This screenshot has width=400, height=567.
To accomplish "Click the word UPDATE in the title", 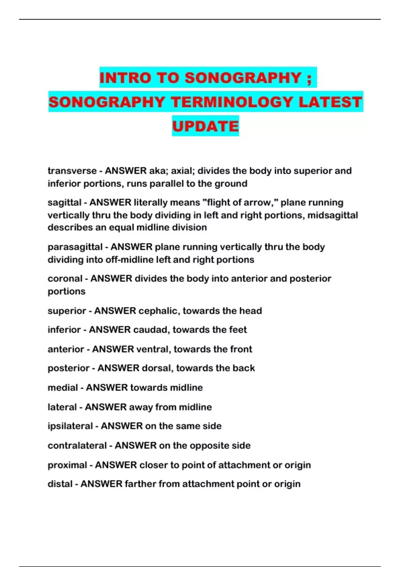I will [205, 126].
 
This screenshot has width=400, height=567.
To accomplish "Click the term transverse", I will [72, 171].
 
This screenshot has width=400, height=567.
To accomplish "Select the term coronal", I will [65, 278].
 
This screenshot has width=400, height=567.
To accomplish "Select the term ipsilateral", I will [70, 426].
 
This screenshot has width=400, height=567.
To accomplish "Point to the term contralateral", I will [77, 446].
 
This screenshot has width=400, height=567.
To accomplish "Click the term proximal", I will [67, 465].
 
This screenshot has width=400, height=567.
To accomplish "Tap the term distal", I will [60, 484].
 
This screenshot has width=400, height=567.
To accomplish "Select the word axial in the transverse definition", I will [183, 171].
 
